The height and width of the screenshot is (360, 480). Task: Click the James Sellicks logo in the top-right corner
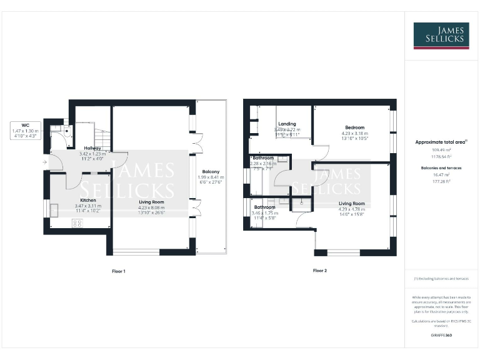pos(441,36)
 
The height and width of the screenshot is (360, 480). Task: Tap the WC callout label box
pos(25,132)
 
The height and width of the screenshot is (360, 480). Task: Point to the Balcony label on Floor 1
pos(211,171)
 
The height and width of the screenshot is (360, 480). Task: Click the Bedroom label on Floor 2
pos(354,127)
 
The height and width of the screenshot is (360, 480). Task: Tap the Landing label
pos(287,124)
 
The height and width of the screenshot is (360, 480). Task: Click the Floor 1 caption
pos(118,271)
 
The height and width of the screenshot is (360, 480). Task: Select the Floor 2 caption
pos(319,271)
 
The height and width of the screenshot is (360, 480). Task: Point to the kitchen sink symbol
pos(54,211)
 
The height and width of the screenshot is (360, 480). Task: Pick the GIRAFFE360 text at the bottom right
pos(441,336)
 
